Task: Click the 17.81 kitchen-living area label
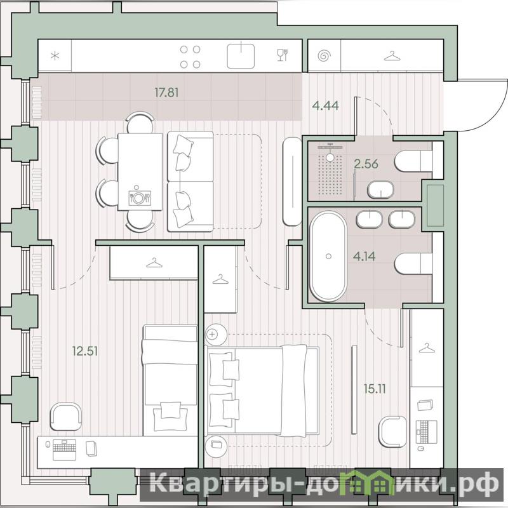coord(166,93)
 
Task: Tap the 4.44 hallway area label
coord(325,105)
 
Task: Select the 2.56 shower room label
coord(366,164)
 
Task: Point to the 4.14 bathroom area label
coord(364,257)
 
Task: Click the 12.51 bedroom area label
coord(85,351)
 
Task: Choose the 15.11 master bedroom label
coord(375,389)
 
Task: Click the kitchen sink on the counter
coord(241,56)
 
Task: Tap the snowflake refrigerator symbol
coord(55,56)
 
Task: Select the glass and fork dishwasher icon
coord(283,55)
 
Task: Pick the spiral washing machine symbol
coord(324,56)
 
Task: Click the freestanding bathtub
coord(328,257)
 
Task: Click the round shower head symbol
coord(330,157)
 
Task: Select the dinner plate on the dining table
coord(138,197)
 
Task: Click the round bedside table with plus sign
coord(216,335)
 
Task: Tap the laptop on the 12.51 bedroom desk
coord(65,450)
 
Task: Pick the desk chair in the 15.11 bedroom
coord(392,432)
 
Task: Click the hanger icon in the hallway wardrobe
coord(392,56)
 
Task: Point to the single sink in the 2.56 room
coord(380,189)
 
